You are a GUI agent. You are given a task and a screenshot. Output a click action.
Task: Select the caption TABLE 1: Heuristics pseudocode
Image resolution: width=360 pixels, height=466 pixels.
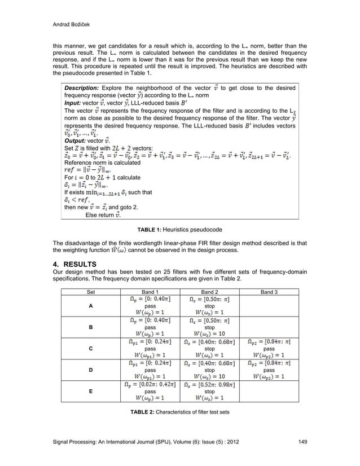point(179,230)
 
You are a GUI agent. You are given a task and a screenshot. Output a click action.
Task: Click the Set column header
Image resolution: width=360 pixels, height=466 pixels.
point(91,292)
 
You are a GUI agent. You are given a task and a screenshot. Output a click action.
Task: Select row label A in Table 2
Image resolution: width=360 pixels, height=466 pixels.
point(91,307)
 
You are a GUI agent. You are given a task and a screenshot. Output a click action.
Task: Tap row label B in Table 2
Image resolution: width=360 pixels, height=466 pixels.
point(91,327)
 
